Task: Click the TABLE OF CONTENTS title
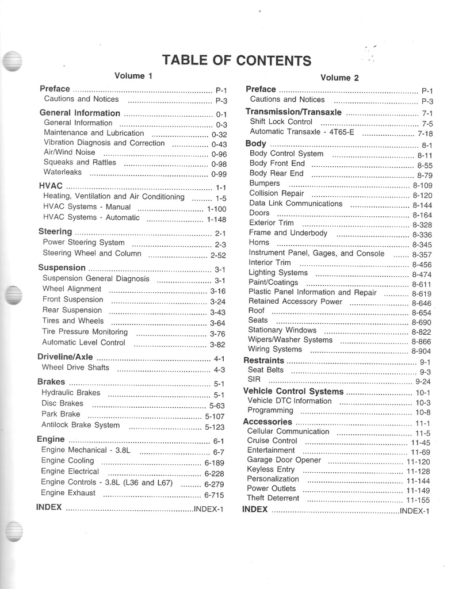[236, 60]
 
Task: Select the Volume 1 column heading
[133, 76]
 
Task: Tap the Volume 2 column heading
[339, 78]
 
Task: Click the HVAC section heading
[50, 186]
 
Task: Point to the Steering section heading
[55, 232]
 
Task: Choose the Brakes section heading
[51, 382]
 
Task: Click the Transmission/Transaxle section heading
[293, 112]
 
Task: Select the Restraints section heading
[263, 361]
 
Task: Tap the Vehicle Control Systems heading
[293, 392]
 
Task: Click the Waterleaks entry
[63, 173]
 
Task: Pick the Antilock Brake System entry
[81, 426]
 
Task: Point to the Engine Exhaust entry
[68, 493]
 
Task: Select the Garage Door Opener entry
[284, 460]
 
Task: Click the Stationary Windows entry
[282, 331]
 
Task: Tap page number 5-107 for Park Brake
[215, 416]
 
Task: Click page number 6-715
[214, 495]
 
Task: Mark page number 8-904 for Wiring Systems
[421, 351]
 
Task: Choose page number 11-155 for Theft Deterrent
[418, 500]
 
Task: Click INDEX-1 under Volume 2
[415, 511]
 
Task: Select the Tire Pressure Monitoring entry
[85, 332]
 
